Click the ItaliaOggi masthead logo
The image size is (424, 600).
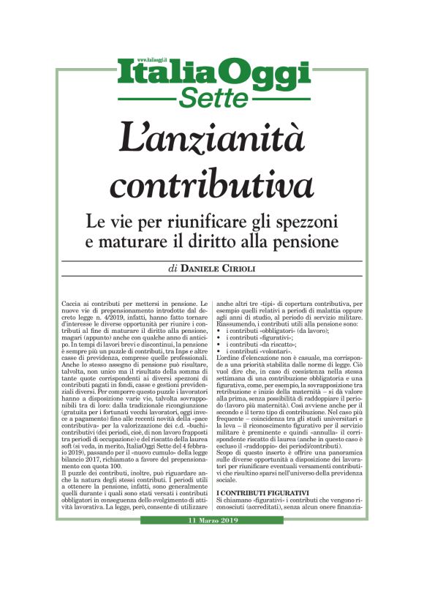pyautogui.click(x=211, y=75)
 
